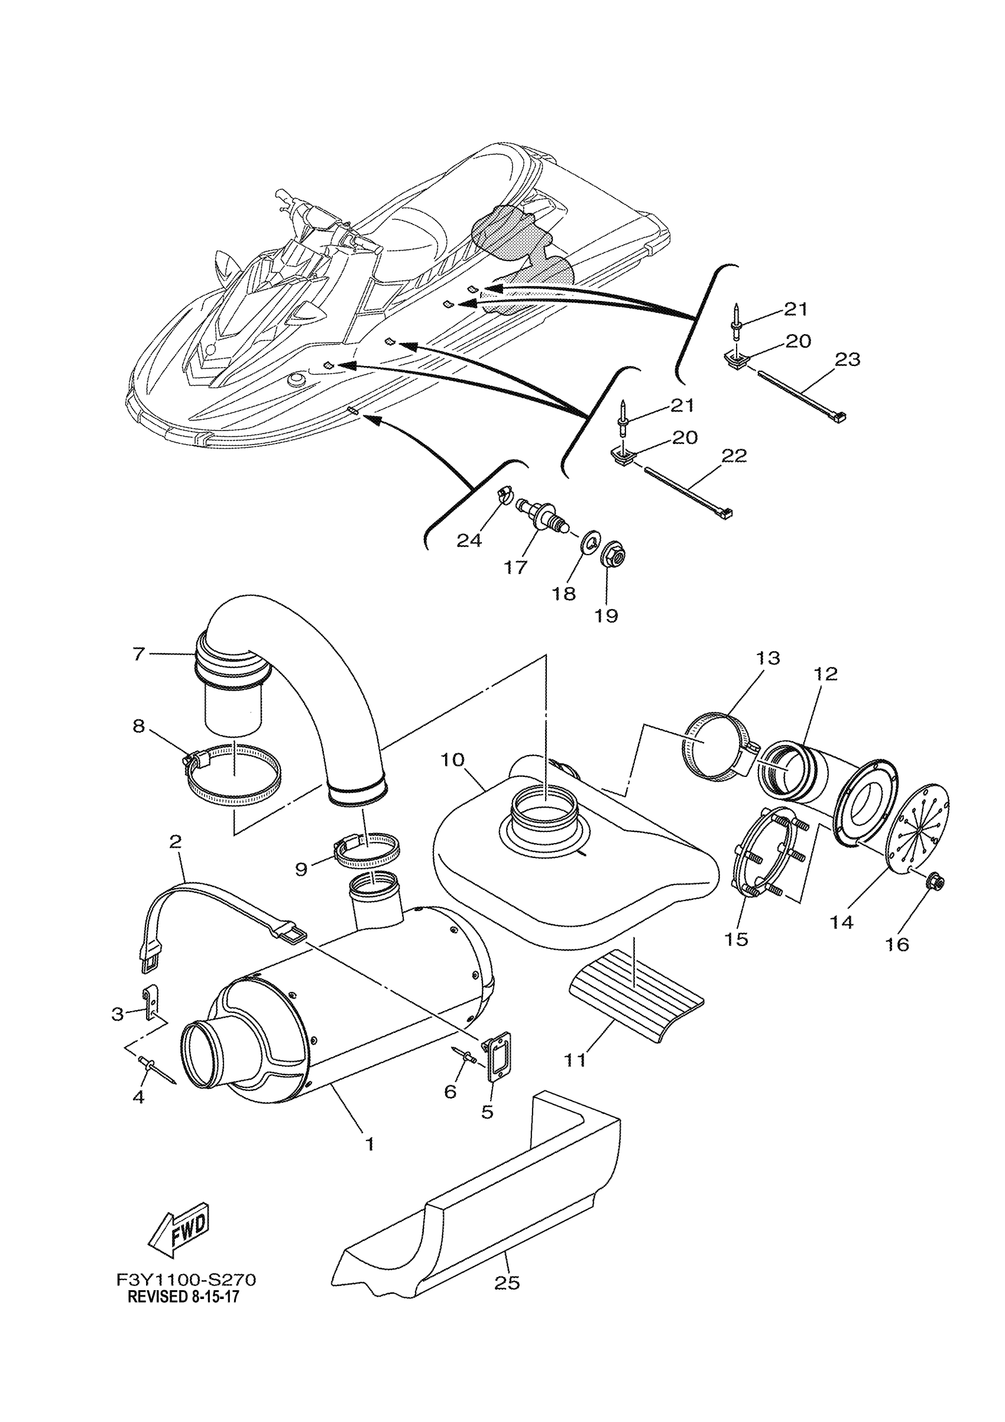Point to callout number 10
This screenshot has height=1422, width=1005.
click(453, 760)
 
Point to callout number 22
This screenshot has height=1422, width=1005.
click(734, 456)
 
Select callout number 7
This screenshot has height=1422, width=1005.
click(138, 653)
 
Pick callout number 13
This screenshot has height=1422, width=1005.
click(767, 657)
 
